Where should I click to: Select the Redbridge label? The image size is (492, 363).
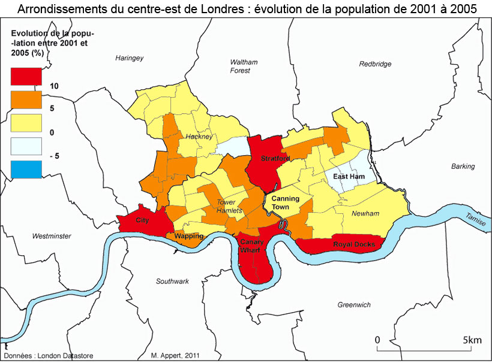(x=375, y=64)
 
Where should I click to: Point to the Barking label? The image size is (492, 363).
(x=463, y=166)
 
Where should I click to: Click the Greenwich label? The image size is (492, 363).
(x=353, y=304)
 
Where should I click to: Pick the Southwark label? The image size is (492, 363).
(x=172, y=281)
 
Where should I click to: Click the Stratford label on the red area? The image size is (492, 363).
(x=275, y=159)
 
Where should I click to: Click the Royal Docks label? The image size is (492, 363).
(x=354, y=244)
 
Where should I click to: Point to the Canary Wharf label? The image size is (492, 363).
(x=251, y=246)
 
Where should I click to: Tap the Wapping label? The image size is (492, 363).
(x=188, y=236)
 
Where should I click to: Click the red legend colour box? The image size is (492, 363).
(x=26, y=76)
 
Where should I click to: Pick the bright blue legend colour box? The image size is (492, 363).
(x=26, y=170)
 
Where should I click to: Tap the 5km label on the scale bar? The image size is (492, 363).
(x=472, y=340)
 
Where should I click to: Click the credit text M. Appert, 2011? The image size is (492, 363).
(x=176, y=356)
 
